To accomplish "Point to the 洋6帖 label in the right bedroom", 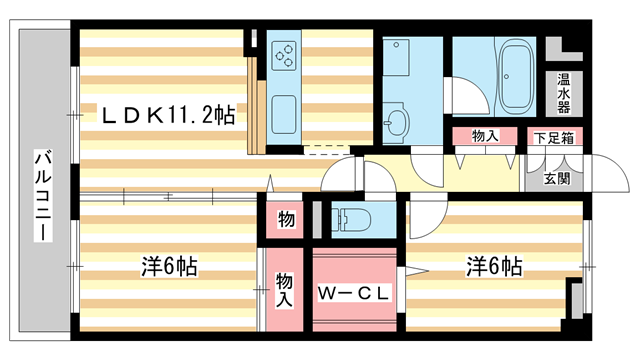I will tap(493, 267).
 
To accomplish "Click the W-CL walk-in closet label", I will tap(353, 294).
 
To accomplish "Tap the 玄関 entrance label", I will tap(557, 179).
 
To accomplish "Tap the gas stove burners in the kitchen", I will tap(284, 55).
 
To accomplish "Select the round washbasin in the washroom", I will tap(399, 124).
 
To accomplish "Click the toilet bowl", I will tap(350, 217).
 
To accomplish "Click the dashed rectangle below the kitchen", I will tap(321, 151).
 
